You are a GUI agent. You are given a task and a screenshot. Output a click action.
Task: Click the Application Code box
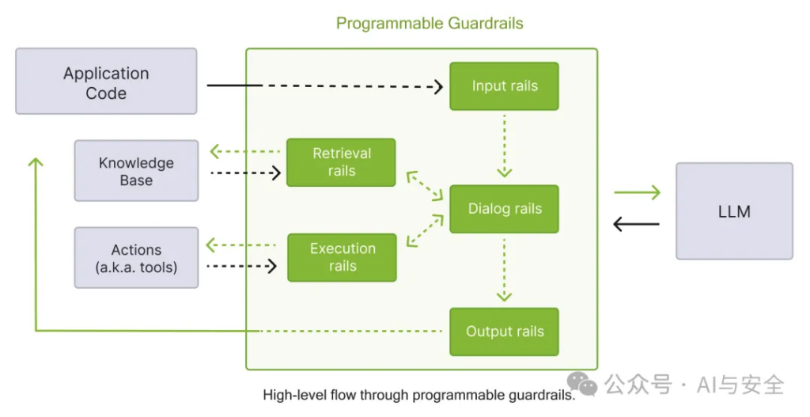(106, 82)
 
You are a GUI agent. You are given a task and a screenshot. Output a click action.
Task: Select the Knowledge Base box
(136, 171)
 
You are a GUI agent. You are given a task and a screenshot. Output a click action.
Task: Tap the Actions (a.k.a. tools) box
(136, 257)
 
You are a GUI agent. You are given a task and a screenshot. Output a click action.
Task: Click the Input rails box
(504, 86)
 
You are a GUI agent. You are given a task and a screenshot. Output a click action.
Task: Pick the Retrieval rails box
(341, 162)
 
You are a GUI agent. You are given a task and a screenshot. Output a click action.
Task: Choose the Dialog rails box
(504, 209)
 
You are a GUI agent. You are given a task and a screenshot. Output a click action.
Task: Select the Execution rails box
(342, 257)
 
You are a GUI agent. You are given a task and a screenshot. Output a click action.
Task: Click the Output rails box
(504, 332)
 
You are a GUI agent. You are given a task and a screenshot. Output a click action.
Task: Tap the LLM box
(734, 210)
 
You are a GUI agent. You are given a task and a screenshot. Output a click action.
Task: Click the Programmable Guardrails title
(430, 23)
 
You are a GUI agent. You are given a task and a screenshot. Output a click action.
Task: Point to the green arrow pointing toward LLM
(638, 193)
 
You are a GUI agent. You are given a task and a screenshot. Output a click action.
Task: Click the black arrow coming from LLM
(637, 224)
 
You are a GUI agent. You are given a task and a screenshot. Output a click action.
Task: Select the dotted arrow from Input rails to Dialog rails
(504, 146)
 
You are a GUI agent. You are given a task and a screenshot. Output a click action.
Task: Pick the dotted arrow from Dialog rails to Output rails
(504, 269)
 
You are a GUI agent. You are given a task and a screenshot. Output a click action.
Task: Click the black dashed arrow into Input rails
(325, 85)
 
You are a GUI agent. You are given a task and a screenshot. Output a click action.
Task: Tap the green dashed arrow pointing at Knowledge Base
(245, 151)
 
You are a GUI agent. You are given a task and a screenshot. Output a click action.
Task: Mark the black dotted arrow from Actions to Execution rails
(242, 266)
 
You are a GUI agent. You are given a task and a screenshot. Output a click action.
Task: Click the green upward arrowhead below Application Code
(35, 162)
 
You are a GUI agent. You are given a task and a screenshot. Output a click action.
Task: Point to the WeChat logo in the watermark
(583, 383)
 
